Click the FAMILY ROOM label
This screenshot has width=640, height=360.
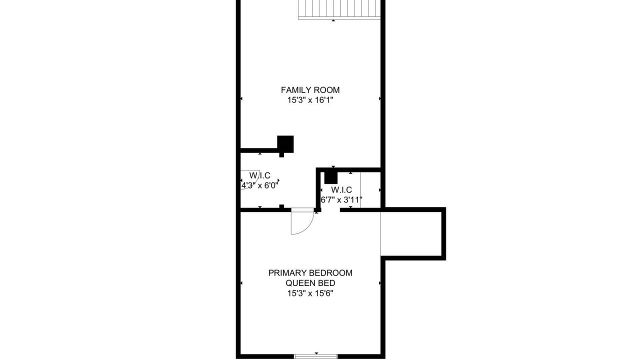tap(310, 90)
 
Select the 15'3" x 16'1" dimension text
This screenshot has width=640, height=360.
tap(310, 100)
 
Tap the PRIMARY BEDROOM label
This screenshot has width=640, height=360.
tap(310, 273)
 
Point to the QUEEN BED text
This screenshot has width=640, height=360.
tap(310, 283)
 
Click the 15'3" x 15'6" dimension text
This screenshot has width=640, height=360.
tap(310, 293)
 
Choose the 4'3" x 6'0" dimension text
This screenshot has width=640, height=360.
tap(259, 185)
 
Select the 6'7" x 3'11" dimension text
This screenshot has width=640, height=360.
tap(341, 200)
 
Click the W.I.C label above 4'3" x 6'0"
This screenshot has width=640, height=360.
tap(259, 175)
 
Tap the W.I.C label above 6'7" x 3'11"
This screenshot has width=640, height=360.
tap(341, 189)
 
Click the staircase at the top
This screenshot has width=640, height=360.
tap(339, 9)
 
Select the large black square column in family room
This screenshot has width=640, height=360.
tap(285, 144)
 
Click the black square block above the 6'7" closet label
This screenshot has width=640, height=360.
tap(331, 177)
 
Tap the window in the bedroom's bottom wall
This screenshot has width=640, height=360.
tap(315, 356)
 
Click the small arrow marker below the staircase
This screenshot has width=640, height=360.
tap(333, 20)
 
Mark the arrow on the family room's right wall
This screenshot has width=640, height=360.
tap(379, 98)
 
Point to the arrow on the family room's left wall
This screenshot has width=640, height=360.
tap(241, 98)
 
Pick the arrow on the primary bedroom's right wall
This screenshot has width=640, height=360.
tap(379, 283)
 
